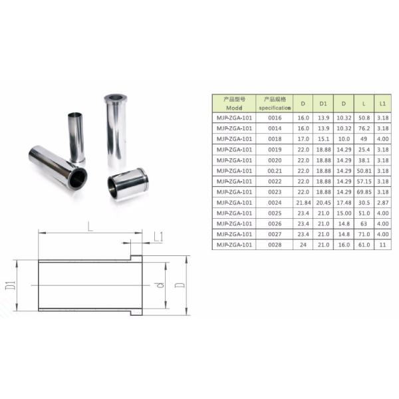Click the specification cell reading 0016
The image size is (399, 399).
tap(275, 117)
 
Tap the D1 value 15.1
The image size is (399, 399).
tap(323, 138)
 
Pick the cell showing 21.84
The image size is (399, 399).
tap(303, 202)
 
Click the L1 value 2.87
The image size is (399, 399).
tap(382, 202)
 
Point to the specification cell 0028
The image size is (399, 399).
tap(275, 245)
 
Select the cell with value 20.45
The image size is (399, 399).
tap(323, 202)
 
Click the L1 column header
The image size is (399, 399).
tap(382, 104)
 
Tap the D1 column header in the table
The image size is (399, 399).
tap(323, 104)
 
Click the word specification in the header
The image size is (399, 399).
tap(275, 107)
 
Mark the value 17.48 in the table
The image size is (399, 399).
tap(343, 202)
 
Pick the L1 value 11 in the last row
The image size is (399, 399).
tap(382, 245)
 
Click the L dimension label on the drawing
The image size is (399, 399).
tap(90, 227)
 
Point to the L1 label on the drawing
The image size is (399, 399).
tap(159, 237)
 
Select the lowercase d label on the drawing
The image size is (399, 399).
tap(160, 287)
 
